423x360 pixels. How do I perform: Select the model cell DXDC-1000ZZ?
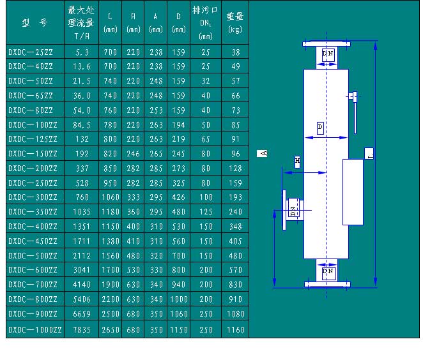click(x=35, y=330)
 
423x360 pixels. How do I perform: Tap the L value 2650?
click(x=111, y=330)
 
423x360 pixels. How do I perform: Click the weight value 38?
click(x=235, y=52)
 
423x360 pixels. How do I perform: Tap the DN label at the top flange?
click(x=328, y=52)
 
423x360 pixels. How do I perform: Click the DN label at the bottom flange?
click(x=328, y=271)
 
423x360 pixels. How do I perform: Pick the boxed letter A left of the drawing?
click(x=263, y=153)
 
